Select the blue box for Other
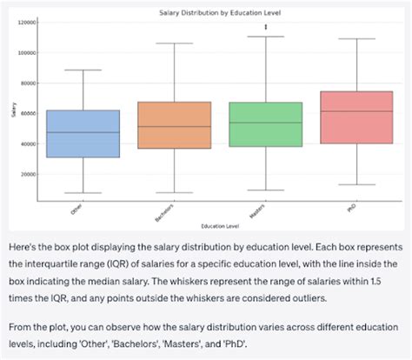coord(83,134)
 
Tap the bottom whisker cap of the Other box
coord(83,193)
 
